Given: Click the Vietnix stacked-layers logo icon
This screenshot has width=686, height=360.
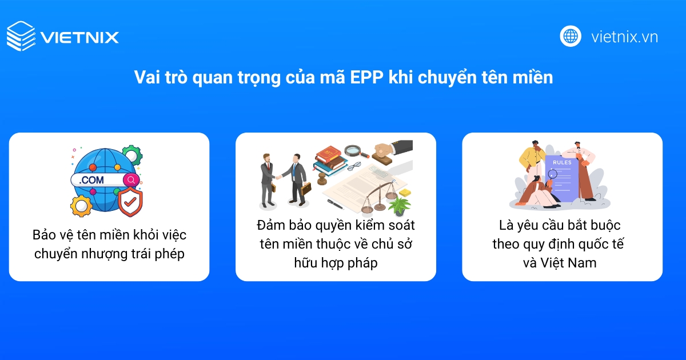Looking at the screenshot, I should point(21,37).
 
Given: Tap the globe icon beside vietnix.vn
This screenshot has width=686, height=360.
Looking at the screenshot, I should point(570,37).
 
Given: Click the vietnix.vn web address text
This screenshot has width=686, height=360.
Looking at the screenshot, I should point(624,37).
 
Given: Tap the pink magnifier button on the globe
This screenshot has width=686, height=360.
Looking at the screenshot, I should point(131,180).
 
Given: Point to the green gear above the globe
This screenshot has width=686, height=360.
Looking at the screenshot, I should point(132,155).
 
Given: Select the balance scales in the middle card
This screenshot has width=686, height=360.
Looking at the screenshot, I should point(378,194).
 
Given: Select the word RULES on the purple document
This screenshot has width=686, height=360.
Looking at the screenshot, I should point(561,163).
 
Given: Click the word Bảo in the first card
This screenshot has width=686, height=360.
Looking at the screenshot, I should point(44,235).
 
